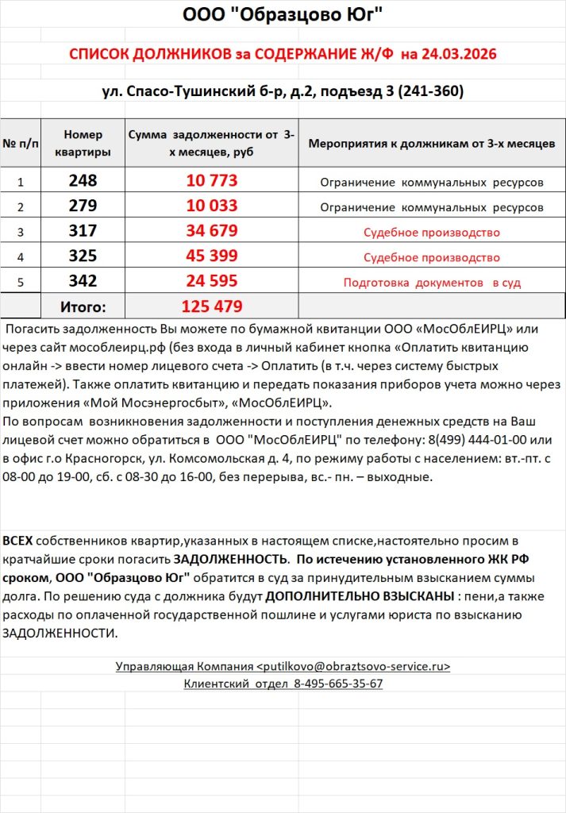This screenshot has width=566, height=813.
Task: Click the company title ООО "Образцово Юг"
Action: pyautogui.click(x=283, y=15)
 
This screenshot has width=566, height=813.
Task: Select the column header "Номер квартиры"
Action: pyautogui.click(x=83, y=143)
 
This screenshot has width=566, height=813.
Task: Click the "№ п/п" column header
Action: pyautogui.click(x=20, y=144)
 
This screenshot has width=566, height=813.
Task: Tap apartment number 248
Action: pyautogui.click(x=83, y=181)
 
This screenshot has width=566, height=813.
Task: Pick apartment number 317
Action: pyautogui.click(x=83, y=232)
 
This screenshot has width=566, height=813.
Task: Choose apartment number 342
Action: pyautogui.click(x=83, y=281)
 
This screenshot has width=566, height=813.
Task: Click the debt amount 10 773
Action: pyautogui.click(x=211, y=181)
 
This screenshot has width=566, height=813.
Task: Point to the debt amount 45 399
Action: pyautogui.click(x=211, y=256)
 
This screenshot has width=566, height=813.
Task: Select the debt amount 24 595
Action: pyautogui.click(x=211, y=281)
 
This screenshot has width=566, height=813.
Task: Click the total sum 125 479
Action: pyautogui.click(x=211, y=306)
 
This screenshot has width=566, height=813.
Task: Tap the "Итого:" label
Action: pyautogui.click(x=83, y=306)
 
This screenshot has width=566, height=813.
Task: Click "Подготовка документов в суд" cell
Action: pyautogui.click(x=431, y=283)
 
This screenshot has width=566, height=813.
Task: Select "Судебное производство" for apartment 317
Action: pyautogui.click(x=431, y=233)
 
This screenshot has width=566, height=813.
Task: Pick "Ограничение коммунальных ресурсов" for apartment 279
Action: pyautogui.click(x=431, y=207)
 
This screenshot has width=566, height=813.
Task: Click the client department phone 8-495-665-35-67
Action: pyautogui.click(x=338, y=684)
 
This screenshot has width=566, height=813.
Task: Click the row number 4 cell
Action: pyautogui.click(x=20, y=257)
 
